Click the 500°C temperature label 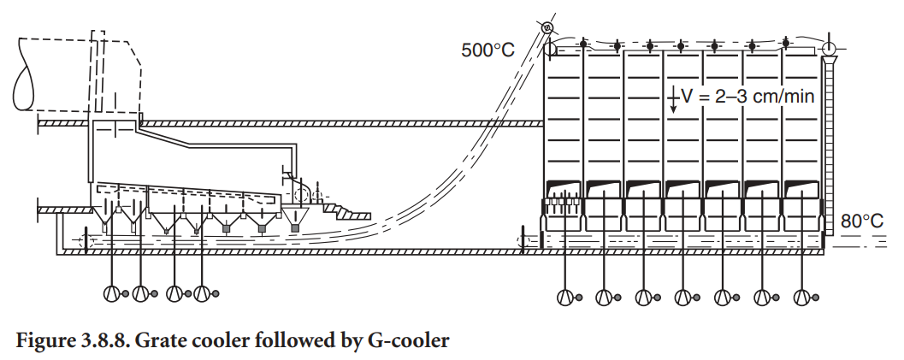(x=488, y=50)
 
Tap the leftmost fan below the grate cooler (x=111, y=293)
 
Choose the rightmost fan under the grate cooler (x=203, y=293)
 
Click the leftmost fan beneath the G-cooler (x=564, y=297)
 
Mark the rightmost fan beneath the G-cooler (x=802, y=297)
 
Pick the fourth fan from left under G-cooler (x=683, y=297)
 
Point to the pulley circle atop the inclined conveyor (x=548, y=28)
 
